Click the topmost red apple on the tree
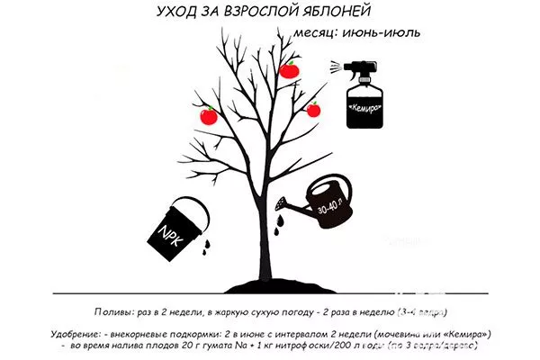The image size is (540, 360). [x=290, y=69]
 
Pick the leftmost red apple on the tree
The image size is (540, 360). [x=208, y=115]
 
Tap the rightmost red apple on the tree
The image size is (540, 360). [x=313, y=110]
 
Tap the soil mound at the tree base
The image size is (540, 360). [x=262, y=284]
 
